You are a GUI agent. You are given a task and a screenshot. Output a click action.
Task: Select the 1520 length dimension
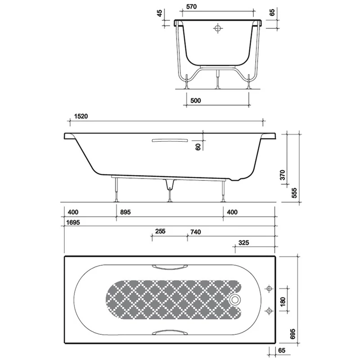(80, 116)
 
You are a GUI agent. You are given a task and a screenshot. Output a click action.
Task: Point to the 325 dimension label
(243, 243)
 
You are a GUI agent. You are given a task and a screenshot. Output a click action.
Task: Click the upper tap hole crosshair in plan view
(270, 289)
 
